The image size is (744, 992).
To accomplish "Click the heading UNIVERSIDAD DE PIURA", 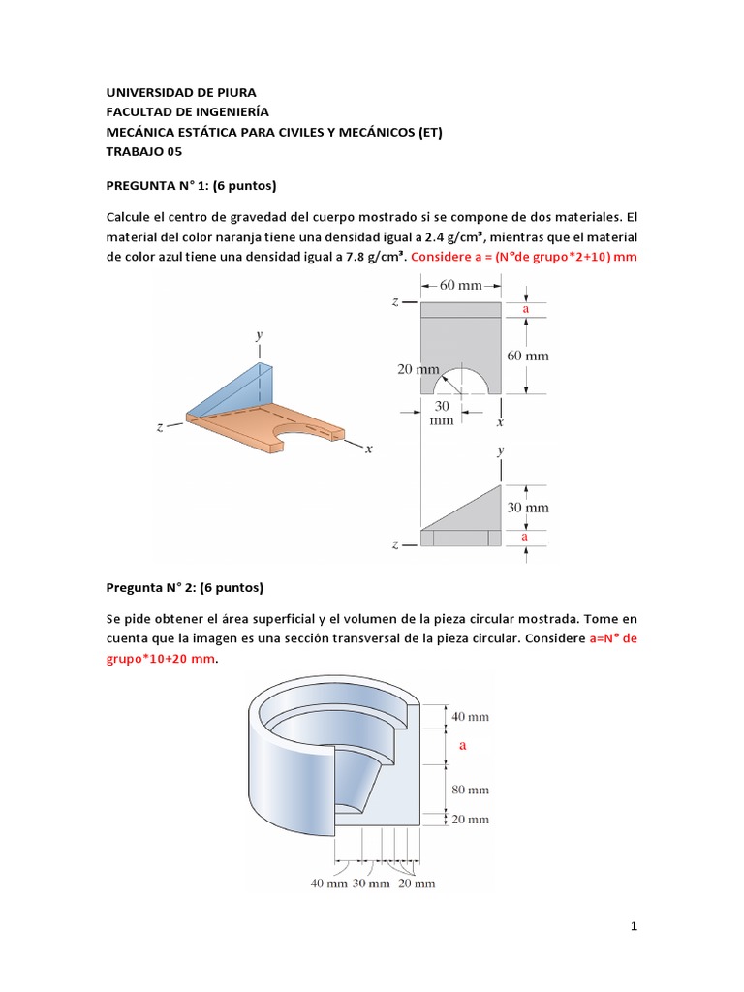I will pyautogui.click(x=180, y=93).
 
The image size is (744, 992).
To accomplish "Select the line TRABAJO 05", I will pyautogui.click(x=142, y=151).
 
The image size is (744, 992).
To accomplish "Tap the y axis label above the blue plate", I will pyautogui.click(x=260, y=334).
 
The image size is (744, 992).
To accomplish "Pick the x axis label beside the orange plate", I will pyautogui.click(x=369, y=449).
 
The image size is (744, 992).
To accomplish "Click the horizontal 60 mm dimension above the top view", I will pyautogui.click(x=461, y=285).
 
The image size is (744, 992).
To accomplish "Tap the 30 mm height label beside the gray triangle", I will pyautogui.click(x=529, y=507).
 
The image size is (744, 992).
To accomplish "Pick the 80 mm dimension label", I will pyautogui.click(x=471, y=789).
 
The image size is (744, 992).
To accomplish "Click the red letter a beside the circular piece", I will pyautogui.click(x=463, y=745).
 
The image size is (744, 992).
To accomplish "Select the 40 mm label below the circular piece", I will pyautogui.click(x=329, y=883).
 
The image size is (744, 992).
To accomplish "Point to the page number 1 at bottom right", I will pyautogui.click(x=634, y=927).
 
